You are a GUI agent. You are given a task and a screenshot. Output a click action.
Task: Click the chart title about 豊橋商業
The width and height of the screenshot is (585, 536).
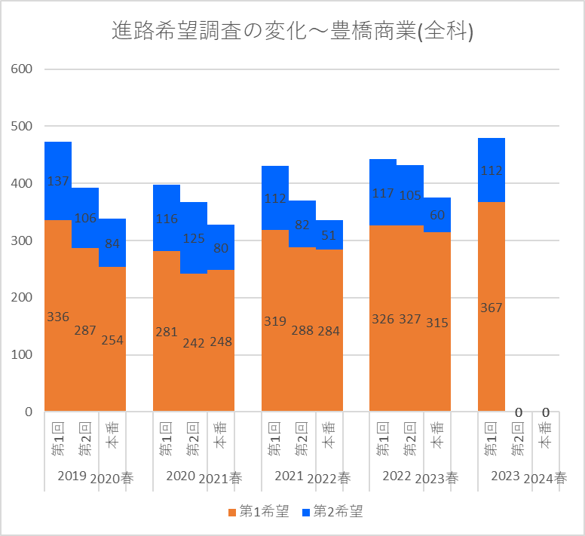(292, 31)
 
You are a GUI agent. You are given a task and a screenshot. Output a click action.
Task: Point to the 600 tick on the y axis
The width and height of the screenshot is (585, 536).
(22, 69)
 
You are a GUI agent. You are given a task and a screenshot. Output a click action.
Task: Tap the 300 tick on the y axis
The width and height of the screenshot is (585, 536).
(22, 240)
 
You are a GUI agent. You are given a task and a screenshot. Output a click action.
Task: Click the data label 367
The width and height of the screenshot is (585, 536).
(491, 308)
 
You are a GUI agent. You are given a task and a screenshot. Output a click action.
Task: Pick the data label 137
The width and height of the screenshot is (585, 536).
(58, 181)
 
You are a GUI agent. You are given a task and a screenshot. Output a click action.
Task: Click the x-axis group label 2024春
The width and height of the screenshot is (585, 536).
(545, 478)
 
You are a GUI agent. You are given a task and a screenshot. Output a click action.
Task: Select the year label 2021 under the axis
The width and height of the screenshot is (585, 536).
(289, 476)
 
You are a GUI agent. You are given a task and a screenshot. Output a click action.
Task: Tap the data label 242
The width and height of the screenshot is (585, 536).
(194, 343)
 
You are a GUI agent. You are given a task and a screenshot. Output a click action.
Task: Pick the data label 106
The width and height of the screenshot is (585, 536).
(85, 218)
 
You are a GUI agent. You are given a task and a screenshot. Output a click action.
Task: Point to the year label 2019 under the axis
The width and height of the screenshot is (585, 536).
(72, 476)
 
